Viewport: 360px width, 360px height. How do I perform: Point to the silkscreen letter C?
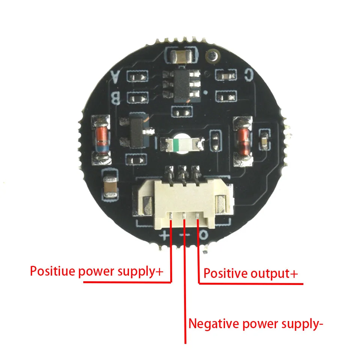(248, 75)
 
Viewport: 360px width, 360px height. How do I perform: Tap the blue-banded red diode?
(101, 139)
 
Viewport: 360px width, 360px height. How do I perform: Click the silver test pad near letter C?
(212, 57)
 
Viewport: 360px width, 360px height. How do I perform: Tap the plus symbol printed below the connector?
(166, 235)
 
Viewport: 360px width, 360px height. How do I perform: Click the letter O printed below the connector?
(203, 235)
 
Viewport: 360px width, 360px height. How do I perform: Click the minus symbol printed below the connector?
(184, 235)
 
